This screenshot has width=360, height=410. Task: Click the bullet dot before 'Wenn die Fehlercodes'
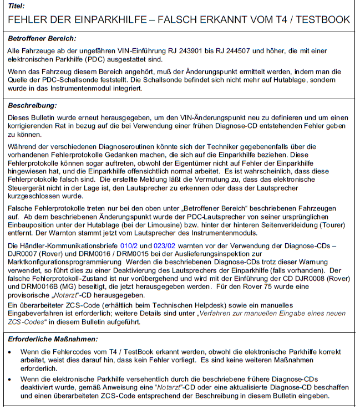tap(12, 352)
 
